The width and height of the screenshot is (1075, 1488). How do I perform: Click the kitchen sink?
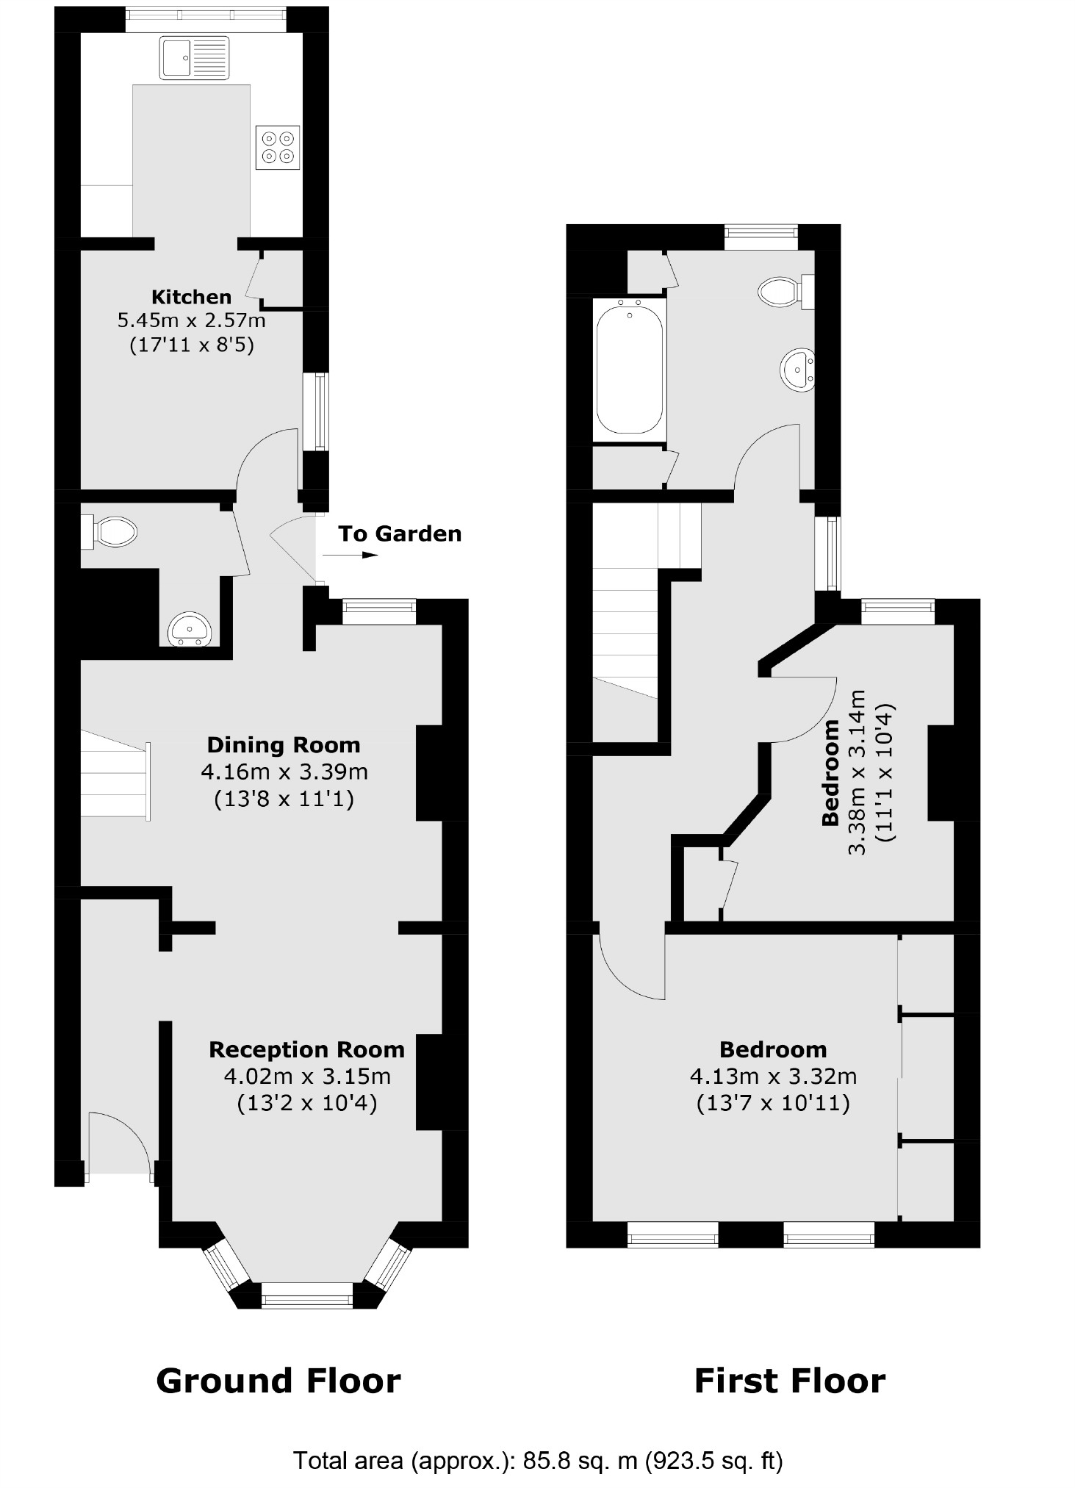(194, 59)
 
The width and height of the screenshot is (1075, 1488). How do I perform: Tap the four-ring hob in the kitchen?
(278, 147)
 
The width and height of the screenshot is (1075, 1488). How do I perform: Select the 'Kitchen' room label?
(191, 297)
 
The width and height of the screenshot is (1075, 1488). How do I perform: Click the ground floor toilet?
(114, 531)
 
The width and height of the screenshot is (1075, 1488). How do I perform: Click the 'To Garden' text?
(400, 533)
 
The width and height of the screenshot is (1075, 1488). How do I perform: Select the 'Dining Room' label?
(284, 745)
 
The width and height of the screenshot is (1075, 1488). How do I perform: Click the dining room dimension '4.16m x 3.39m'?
(284, 772)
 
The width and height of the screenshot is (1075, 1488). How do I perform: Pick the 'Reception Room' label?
(306, 1049)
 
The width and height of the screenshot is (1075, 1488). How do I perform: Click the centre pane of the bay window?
(307, 1299)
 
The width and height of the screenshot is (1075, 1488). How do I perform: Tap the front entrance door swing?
(118, 1147)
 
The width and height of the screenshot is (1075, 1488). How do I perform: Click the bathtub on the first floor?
(630, 369)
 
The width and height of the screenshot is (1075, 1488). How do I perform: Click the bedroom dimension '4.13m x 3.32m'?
(773, 1077)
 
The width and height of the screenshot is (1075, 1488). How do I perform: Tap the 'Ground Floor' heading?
(278, 1381)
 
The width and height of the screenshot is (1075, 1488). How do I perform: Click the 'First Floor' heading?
(790, 1381)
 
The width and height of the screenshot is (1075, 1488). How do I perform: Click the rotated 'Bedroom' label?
(831, 773)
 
